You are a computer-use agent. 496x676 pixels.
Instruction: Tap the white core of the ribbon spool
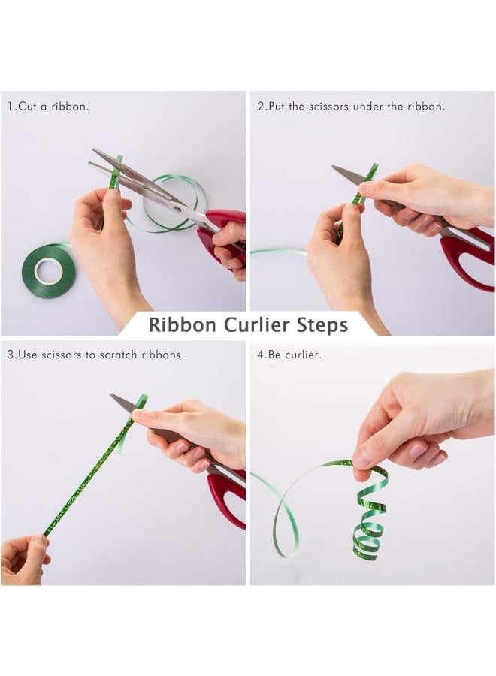coord(49,270)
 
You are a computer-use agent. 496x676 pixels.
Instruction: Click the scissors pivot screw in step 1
coord(177,209)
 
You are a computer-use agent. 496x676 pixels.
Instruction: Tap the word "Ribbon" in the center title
coord(182,325)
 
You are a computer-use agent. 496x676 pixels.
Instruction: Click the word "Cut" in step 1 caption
coord(27,107)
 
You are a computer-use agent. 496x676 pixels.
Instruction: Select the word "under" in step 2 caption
coord(367,107)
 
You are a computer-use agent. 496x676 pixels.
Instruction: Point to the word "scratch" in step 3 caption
coord(118,355)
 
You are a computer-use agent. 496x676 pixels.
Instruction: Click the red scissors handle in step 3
coord(227,496)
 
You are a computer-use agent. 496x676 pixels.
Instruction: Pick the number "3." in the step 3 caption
coord(12,355)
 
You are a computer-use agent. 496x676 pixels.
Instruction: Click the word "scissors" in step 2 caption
coord(328,107)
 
